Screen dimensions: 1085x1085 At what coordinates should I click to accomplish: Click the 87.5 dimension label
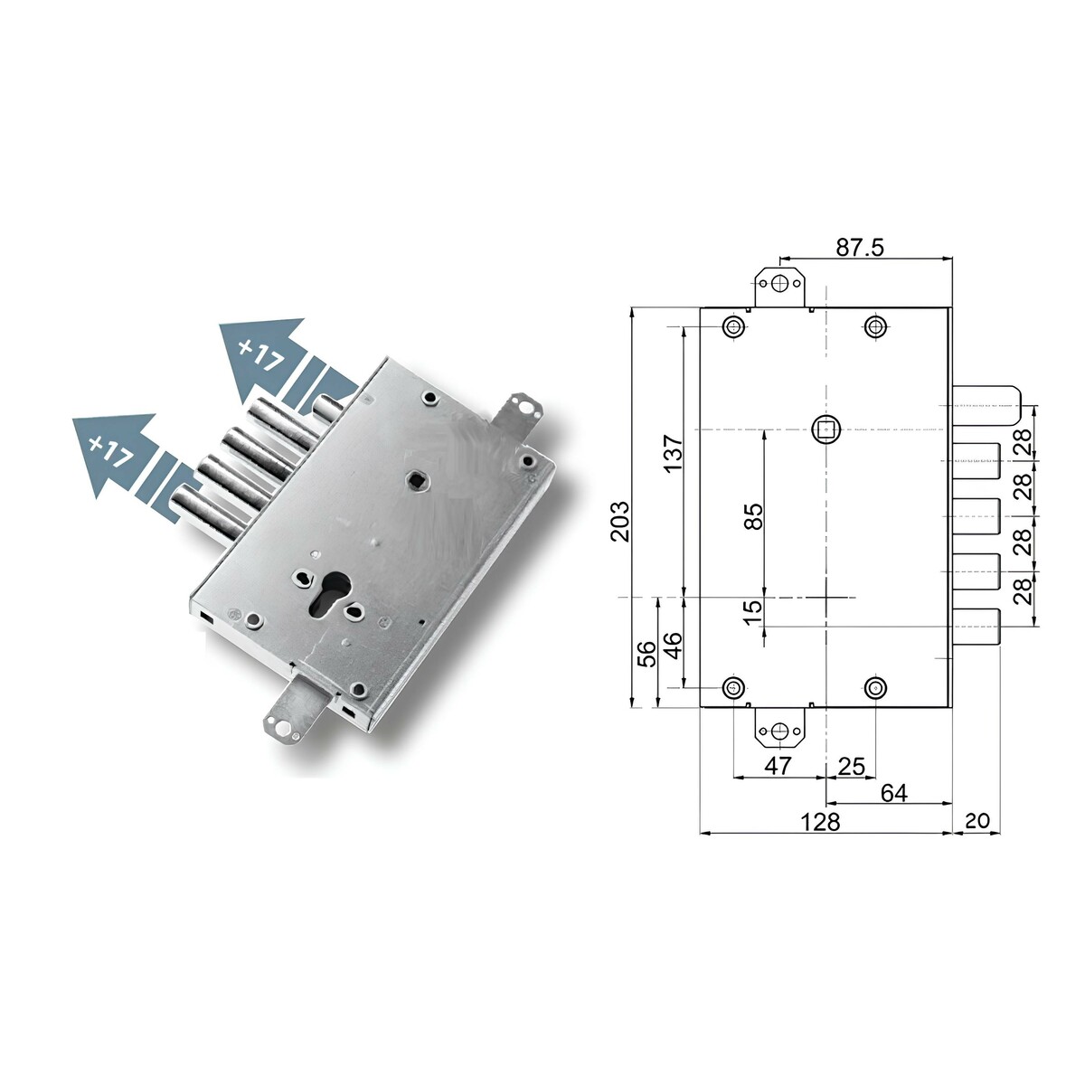pos(860,247)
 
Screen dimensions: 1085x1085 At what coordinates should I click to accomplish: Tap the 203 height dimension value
pos(620,521)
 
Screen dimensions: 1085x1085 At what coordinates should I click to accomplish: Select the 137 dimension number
pos(673,453)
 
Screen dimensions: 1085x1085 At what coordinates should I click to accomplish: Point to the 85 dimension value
pos(753,516)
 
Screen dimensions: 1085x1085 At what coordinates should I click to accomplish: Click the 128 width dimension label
pos(820,822)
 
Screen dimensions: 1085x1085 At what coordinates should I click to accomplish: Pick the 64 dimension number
pos(894,793)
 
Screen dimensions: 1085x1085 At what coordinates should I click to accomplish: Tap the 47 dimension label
pos(778,766)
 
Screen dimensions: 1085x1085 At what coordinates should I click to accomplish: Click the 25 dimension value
pos(852,767)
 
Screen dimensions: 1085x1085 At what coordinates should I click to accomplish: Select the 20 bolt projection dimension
pos(977,820)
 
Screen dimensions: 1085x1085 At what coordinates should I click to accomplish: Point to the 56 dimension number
pos(648,653)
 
